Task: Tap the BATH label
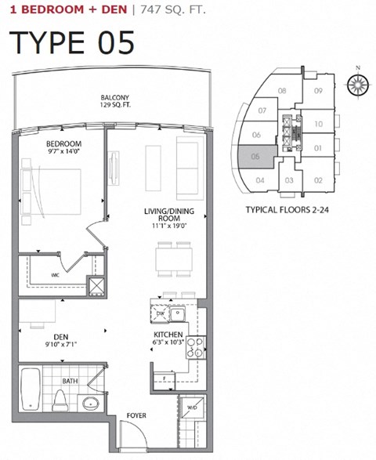pos(70,382)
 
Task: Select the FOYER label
pos(136,415)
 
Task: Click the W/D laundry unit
pos(190,408)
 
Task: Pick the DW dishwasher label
pos(159,313)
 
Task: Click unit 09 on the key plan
pos(319,91)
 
